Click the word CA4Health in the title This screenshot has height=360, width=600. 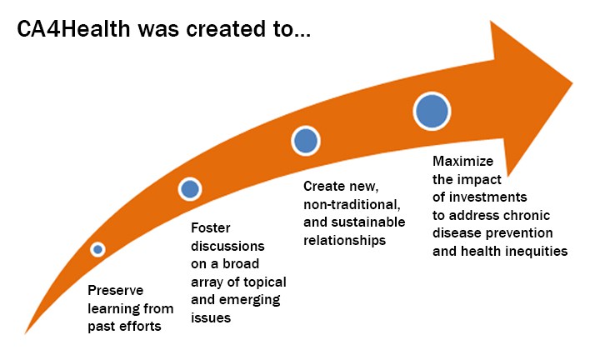click(73, 29)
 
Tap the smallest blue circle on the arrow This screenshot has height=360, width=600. click(98, 249)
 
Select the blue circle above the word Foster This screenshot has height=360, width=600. click(190, 189)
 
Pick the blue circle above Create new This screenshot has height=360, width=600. click(306, 141)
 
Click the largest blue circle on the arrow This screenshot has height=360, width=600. click(432, 112)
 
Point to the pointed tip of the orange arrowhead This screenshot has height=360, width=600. click(572, 83)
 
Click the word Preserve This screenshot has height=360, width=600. click(116, 290)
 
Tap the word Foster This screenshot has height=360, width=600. click(211, 228)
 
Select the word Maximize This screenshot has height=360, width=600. click(463, 161)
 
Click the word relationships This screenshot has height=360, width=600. click(345, 241)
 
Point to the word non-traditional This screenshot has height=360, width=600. click(352, 205)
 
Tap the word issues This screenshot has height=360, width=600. click(211, 318)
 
